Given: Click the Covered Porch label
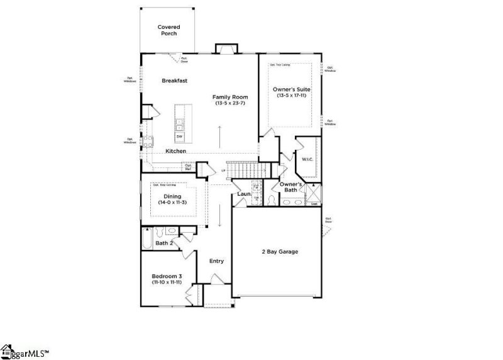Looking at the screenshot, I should tap(169, 30).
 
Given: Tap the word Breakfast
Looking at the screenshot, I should tap(175, 81).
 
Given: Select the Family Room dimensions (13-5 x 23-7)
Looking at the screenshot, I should tap(230, 104).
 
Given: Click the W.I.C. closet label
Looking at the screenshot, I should tap(307, 159).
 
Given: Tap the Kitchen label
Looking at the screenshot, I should tap(175, 151).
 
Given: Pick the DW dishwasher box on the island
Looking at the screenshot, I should tap(179, 137).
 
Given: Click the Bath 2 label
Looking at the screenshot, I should tap(164, 243).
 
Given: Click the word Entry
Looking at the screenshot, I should tap(216, 261).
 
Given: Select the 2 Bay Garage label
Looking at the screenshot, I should tap(280, 252).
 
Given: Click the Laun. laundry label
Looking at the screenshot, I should tap(244, 195).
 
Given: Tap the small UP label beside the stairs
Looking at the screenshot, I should tap(223, 171).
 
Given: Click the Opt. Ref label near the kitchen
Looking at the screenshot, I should tap(187, 167).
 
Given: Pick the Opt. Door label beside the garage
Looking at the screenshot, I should tap(328, 220).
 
